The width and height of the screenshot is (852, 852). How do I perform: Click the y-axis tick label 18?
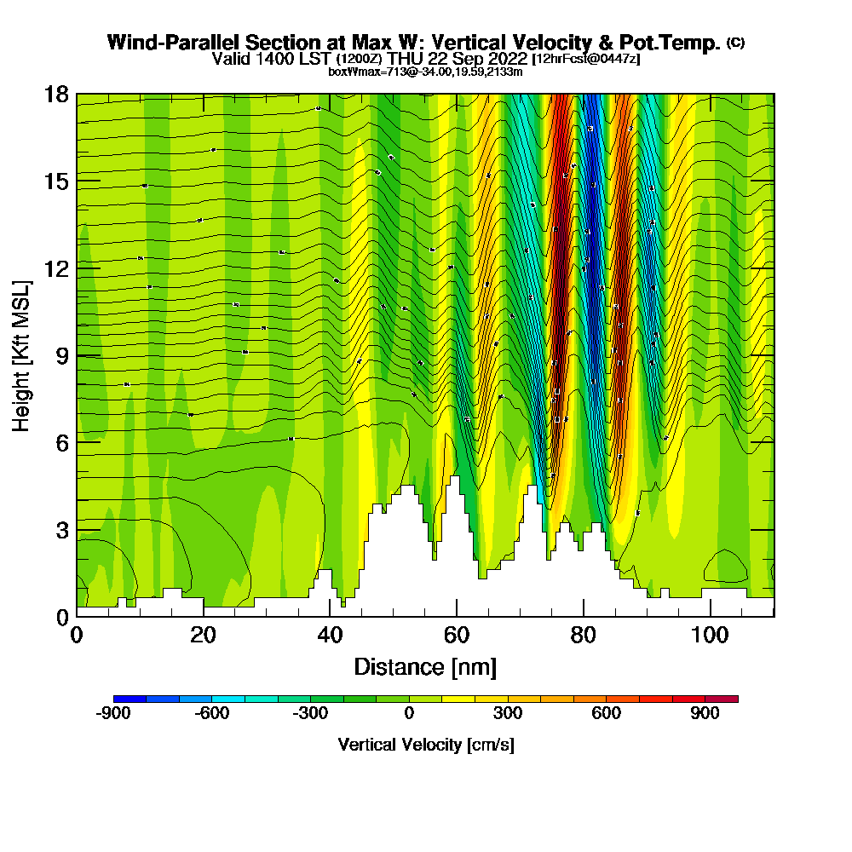[x=57, y=94]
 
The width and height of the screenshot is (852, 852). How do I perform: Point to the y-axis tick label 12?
[x=57, y=268]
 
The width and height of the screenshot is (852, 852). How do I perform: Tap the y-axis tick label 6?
[x=62, y=442]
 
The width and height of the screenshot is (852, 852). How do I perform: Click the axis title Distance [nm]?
[x=425, y=666]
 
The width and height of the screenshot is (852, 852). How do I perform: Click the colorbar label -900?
[x=113, y=714]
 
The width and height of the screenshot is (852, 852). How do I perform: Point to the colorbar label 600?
[x=607, y=714]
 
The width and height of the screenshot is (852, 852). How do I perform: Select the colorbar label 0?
[x=410, y=714]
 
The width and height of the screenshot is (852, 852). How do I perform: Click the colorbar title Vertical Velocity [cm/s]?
[x=425, y=745]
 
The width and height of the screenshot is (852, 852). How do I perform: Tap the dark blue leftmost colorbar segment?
[x=130, y=699]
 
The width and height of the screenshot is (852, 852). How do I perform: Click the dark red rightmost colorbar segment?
[x=722, y=699]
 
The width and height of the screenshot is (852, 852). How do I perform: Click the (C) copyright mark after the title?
[x=735, y=42]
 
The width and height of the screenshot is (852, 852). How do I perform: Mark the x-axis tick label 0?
[x=77, y=635]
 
